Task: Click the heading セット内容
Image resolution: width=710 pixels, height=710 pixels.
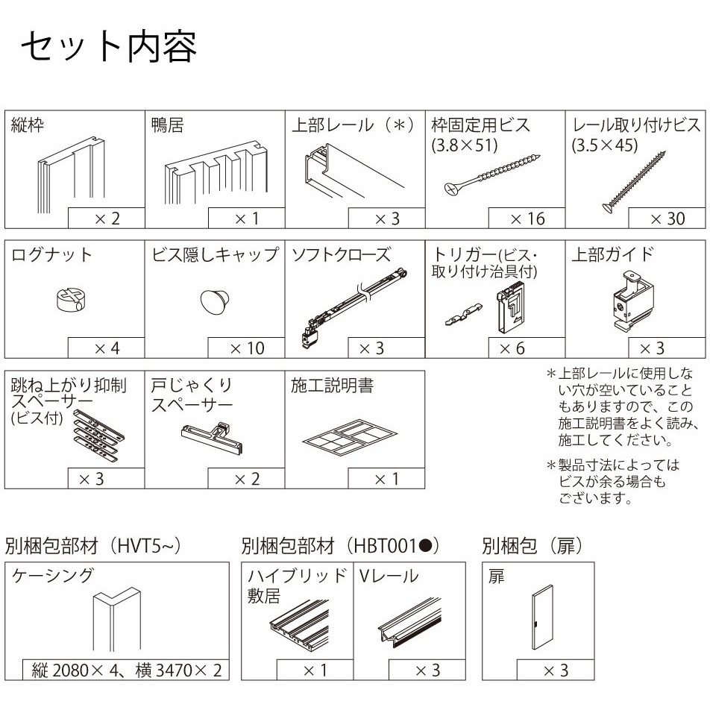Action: tap(109, 47)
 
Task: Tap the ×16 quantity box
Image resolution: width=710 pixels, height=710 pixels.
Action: tap(527, 219)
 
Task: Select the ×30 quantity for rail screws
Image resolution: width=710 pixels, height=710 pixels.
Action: tap(667, 219)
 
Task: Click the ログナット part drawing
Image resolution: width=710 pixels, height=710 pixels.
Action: tap(72, 299)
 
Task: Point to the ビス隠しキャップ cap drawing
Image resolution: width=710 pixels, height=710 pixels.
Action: tap(215, 301)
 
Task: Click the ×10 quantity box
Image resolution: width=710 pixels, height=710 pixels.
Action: tap(246, 348)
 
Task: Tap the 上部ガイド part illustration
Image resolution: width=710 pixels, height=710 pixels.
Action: tap(634, 299)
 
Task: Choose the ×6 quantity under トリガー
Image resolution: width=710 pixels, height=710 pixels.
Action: tap(527, 348)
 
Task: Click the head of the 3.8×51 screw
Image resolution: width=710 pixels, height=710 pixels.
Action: tap(453, 188)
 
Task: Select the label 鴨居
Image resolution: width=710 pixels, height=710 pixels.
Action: tap(168, 125)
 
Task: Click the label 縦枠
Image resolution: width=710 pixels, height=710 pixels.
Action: tap(27, 125)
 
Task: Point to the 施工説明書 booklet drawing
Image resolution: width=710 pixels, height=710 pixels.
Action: tap(350, 437)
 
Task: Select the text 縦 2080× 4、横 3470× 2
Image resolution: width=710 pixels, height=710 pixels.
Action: tap(127, 670)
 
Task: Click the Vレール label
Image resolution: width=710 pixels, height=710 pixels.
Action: tap(389, 576)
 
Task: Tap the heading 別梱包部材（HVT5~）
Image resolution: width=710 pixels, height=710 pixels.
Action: tap(93, 546)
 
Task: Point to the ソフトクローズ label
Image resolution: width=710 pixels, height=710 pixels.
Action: tap(341, 254)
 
